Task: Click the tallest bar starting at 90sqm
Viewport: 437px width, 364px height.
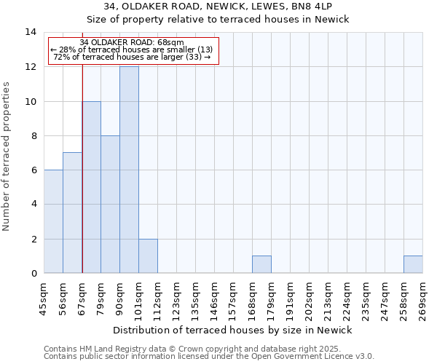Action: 129,170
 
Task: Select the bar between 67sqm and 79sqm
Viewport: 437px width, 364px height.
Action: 91,187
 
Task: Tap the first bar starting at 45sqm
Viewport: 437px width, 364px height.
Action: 53,221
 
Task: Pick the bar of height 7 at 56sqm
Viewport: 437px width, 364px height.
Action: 72,213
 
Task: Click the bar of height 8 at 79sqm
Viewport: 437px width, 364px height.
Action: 110,205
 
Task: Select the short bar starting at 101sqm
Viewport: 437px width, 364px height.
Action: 148,256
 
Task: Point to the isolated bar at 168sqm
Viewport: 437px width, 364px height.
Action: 261,265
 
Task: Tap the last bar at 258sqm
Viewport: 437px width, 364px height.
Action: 413,265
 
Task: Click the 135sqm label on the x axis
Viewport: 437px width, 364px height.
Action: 196,298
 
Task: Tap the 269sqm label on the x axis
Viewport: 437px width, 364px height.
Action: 422,298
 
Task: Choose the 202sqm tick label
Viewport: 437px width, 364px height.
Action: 310,298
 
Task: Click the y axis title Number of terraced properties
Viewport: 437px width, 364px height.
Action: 7,157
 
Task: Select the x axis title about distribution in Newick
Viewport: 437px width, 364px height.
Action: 233,330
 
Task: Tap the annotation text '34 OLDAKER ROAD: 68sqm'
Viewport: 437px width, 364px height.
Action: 132,43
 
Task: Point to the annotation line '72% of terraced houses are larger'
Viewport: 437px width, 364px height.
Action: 132,58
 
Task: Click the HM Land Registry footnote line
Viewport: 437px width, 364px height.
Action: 208,349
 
